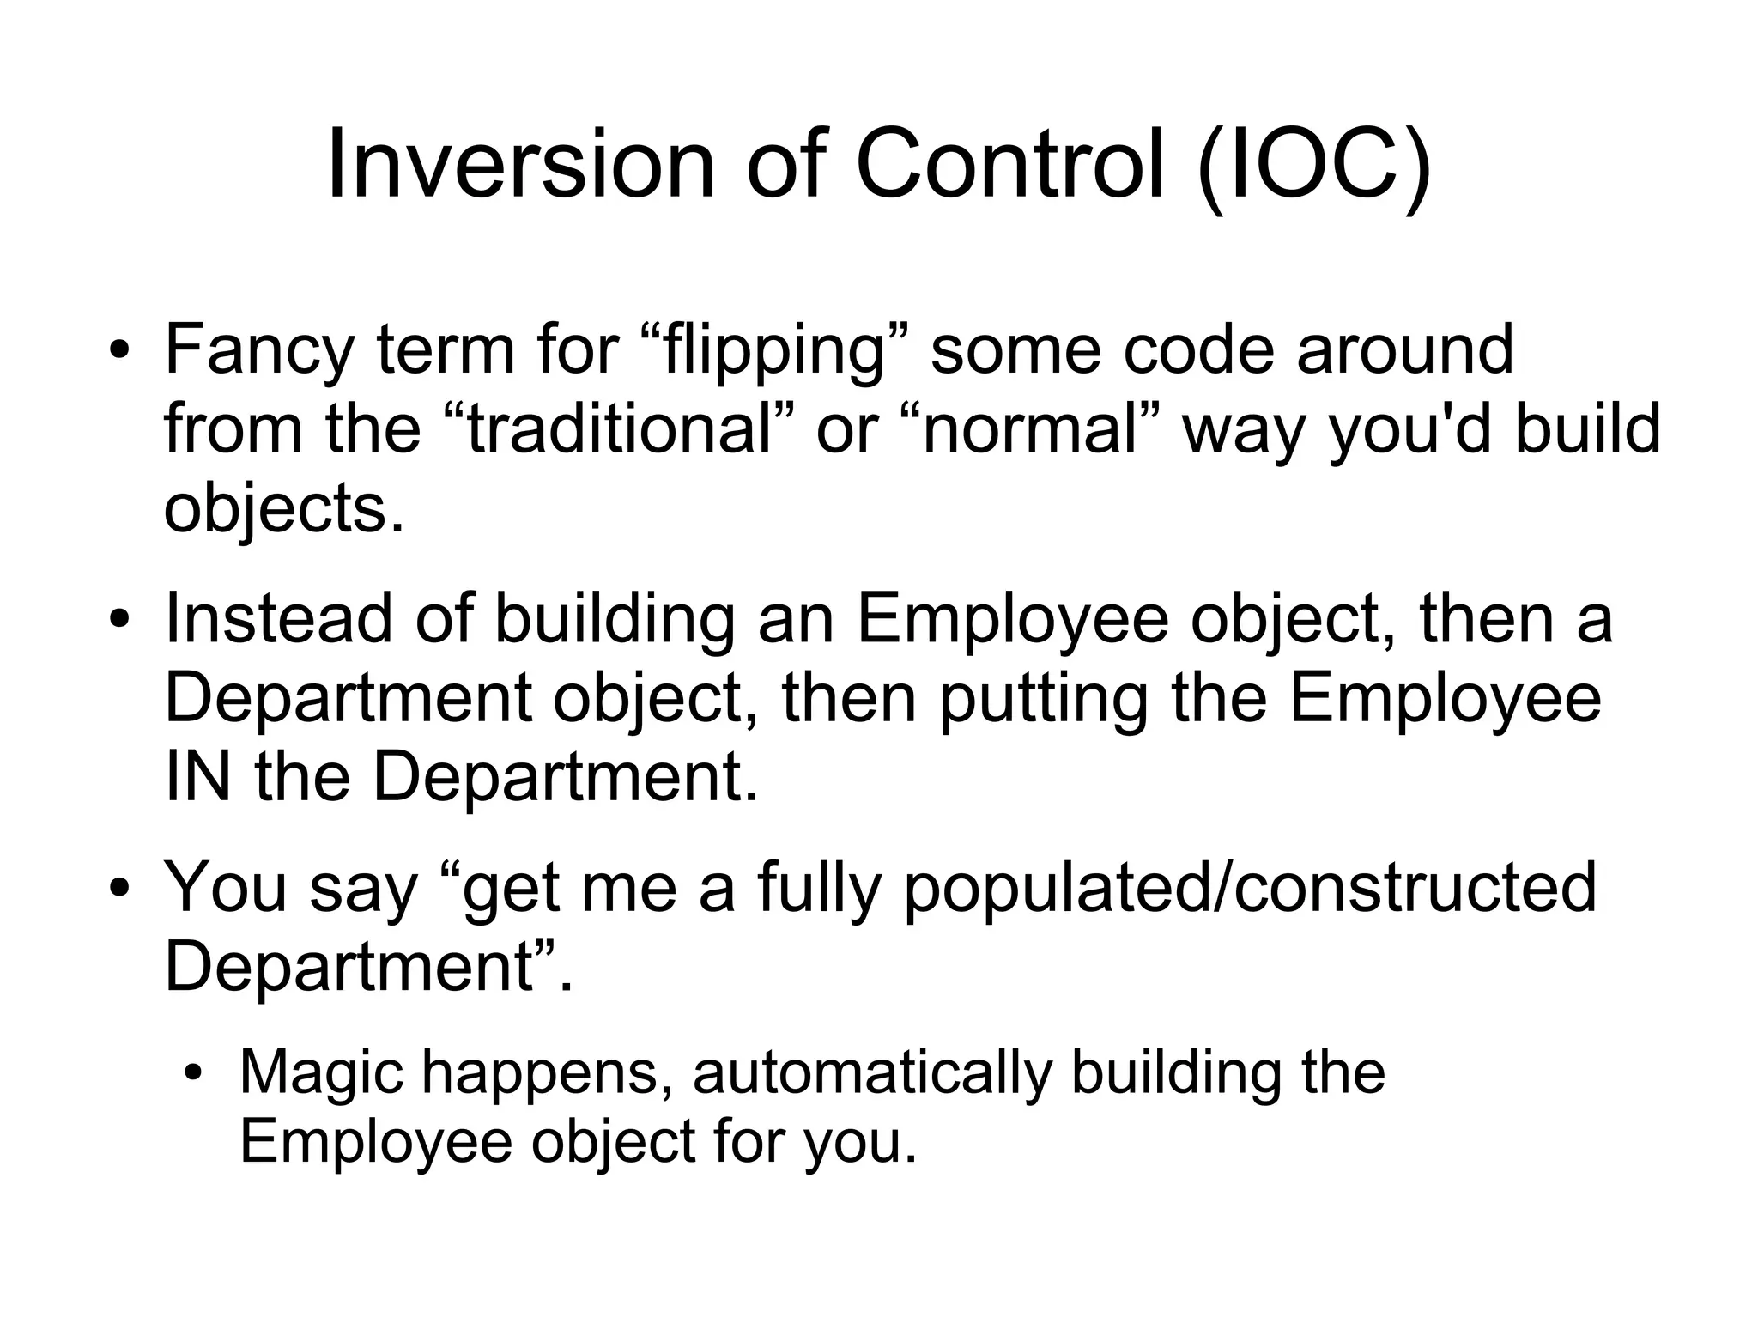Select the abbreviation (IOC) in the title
(1314, 165)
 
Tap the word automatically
(872, 1073)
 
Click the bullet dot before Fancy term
(119, 351)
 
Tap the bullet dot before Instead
(119, 619)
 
